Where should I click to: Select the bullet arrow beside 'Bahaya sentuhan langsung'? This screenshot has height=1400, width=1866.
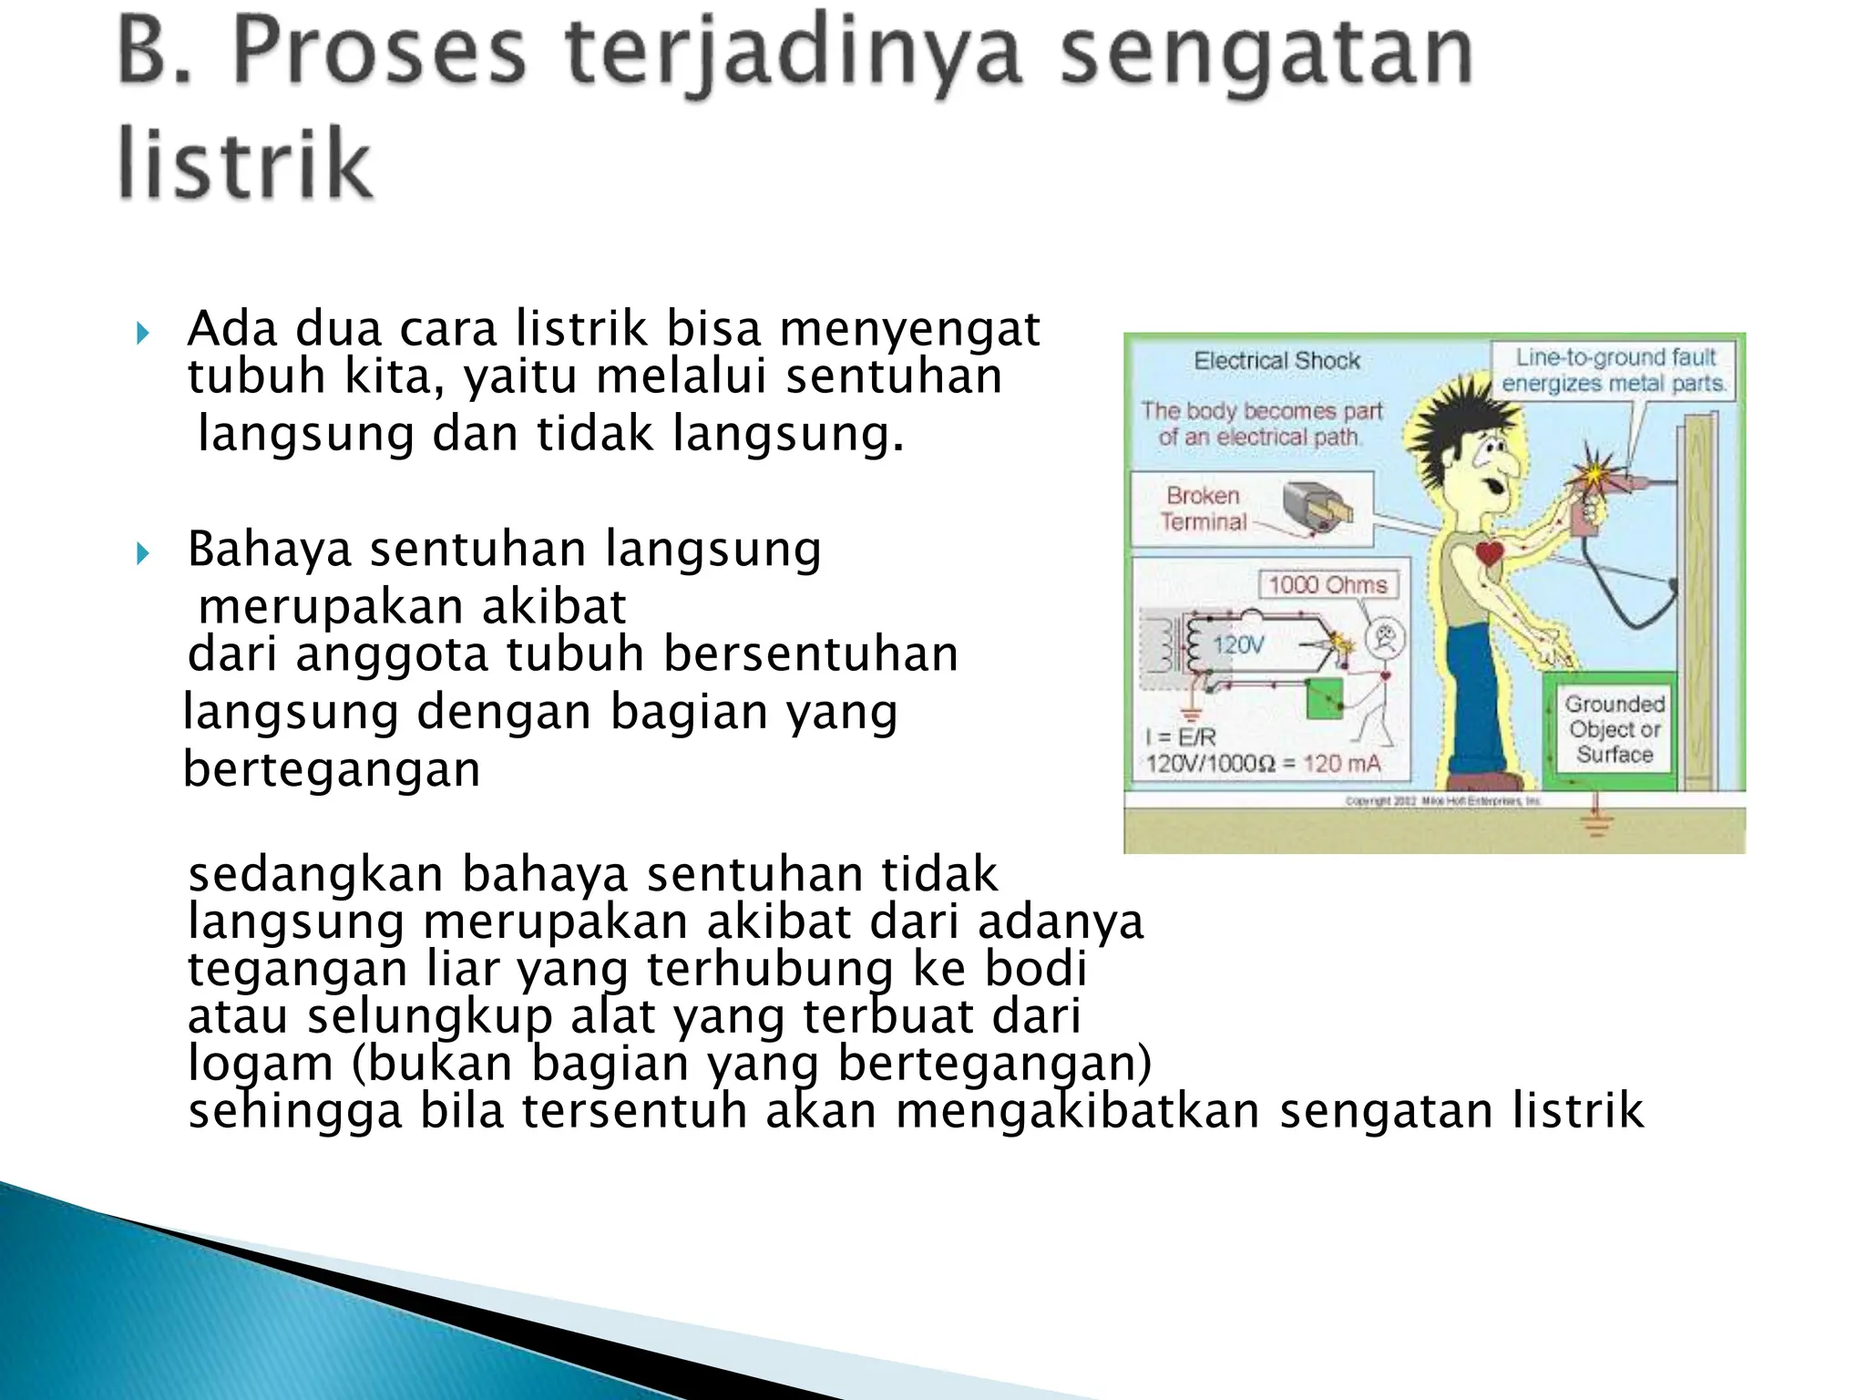coord(142,552)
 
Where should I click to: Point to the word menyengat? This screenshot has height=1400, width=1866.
coord(908,330)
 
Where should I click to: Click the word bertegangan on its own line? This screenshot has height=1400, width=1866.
coord(332,769)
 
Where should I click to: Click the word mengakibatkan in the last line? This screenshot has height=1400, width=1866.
coord(1078,1110)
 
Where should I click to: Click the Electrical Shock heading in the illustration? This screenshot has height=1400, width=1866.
coord(1276,362)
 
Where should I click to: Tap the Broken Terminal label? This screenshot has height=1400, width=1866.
coord(1203,509)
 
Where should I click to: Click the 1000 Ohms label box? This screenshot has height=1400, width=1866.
coord(1328,585)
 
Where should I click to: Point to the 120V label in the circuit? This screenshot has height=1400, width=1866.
coord(1238,645)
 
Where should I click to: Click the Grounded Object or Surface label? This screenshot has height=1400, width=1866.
coord(1614,729)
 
